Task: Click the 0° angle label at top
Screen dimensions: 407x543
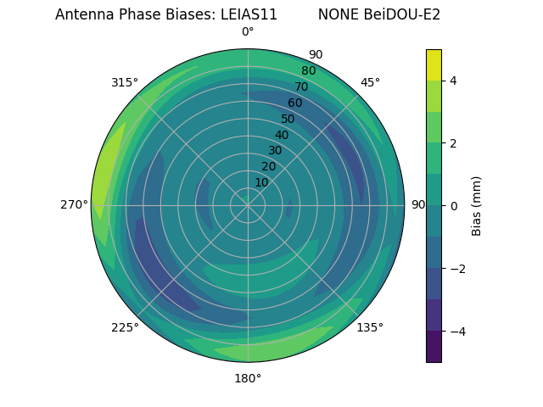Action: [248, 32]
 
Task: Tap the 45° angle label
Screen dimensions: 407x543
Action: [370, 82]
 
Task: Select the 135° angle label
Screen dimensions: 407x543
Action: [370, 327]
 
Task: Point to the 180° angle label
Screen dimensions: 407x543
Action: [248, 378]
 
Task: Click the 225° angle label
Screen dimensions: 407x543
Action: [125, 328]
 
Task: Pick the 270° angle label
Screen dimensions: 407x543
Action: [74, 204]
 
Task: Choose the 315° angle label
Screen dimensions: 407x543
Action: [125, 82]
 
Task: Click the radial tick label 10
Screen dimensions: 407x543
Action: [261, 182]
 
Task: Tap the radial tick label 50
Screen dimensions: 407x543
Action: [288, 120]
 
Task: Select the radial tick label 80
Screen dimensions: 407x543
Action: [309, 70]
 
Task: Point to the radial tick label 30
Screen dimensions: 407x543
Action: [275, 151]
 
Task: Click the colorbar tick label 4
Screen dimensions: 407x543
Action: [453, 81]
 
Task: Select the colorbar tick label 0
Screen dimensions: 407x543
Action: [453, 206]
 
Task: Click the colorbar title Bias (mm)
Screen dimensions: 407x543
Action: [477, 206]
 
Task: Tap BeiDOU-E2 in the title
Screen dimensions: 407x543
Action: [403, 14]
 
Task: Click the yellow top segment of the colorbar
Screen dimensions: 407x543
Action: [434, 64]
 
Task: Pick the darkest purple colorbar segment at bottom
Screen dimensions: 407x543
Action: [434, 347]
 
